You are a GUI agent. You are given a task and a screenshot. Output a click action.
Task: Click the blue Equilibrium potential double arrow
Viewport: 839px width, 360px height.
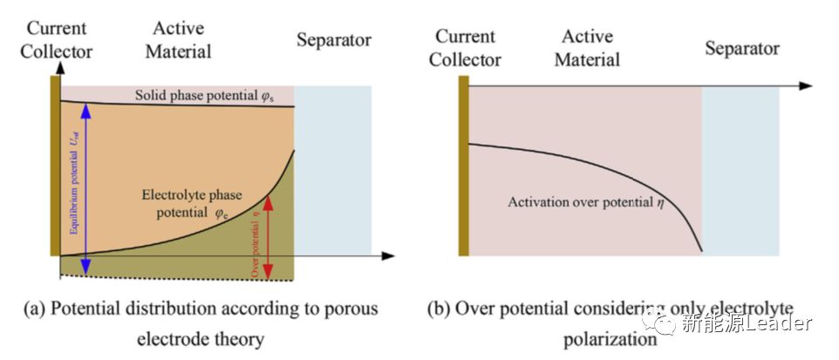coord(85,187)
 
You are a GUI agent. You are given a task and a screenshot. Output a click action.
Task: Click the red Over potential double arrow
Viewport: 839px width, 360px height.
coord(269,235)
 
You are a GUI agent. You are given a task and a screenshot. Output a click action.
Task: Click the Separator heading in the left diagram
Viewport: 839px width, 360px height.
coord(333,40)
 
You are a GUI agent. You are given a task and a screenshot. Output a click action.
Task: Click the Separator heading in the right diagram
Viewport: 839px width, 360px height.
coord(742,48)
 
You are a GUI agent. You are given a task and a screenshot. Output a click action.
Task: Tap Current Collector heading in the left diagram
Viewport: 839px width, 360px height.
coord(56,40)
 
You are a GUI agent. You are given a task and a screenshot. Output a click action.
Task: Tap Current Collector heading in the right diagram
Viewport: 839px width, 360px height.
coord(467,48)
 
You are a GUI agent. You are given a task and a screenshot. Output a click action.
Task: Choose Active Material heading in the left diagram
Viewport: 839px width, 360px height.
coord(178,40)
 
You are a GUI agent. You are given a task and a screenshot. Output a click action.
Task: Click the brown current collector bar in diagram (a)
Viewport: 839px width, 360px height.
coord(55,166)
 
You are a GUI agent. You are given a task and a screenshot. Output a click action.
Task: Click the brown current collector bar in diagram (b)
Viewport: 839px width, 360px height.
coord(464,166)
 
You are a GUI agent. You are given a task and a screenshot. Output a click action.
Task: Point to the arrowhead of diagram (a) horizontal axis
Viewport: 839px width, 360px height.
coord(388,255)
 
